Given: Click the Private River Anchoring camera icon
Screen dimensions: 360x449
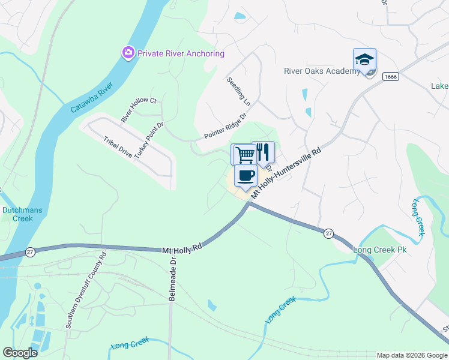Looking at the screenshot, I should click(x=128, y=53).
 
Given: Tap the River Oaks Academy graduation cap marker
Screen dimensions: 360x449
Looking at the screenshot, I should click(x=364, y=59).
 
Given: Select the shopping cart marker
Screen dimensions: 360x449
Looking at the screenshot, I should click(x=244, y=154).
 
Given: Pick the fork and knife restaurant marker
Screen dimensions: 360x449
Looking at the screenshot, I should click(x=263, y=152).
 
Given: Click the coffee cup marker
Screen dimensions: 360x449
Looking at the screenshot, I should click(x=246, y=176).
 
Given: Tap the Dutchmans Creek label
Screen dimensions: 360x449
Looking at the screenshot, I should click(x=17, y=214).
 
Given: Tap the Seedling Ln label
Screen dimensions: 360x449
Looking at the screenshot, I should click(x=238, y=92).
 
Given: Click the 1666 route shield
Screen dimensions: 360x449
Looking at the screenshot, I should click(x=391, y=76).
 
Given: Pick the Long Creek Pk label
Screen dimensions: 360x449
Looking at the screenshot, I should click(x=379, y=249).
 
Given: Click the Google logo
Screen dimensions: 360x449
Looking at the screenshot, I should click(x=19, y=352).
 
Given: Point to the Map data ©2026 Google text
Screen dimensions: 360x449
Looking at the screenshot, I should click(x=411, y=355).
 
